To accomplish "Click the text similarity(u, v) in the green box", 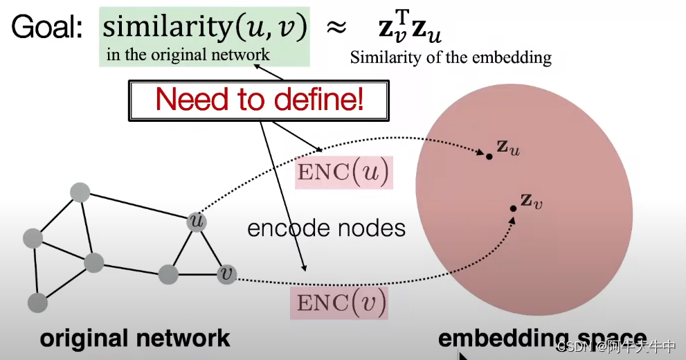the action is click(x=204, y=28).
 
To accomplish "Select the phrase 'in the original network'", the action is click(x=188, y=54).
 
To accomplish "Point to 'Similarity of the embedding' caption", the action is click(x=451, y=57).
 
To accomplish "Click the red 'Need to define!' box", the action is click(x=259, y=100).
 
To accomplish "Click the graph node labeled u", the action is click(x=197, y=222).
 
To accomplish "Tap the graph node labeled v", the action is click(x=226, y=274).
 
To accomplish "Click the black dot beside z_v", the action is click(x=513, y=208).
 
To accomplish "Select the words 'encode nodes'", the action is click(x=327, y=228).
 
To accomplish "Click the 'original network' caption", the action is click(x=135, y=339).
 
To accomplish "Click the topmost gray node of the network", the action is click(x=80, y=192).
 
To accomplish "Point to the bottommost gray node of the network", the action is click(x=37, y=303).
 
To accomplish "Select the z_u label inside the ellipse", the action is click(x=507, y=147).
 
